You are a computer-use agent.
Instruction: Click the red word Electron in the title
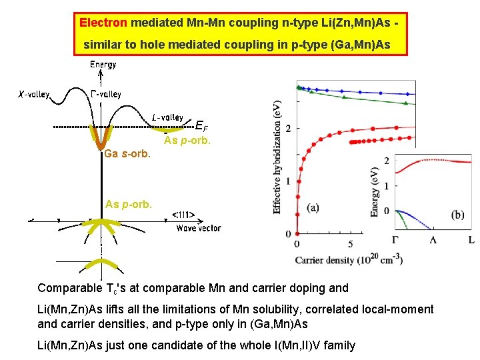[103, 23]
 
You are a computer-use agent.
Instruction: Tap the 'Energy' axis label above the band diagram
[103, 65]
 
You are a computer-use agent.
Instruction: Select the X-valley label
[33, 95]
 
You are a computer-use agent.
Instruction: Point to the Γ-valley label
[105, 94]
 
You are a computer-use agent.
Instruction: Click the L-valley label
[167, 117]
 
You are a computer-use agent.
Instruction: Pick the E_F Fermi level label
[201, 125]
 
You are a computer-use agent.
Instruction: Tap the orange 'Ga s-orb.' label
[127, 155]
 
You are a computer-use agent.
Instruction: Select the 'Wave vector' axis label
[198, 228]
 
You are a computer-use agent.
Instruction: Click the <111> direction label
[183, 215]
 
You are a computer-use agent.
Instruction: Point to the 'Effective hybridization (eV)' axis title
[277, 157]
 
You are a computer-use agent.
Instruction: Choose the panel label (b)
[457, 215]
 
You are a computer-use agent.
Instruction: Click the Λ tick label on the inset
[433, 240]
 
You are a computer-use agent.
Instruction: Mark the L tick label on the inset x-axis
[471, 240]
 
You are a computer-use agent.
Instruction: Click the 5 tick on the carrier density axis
[351, 245]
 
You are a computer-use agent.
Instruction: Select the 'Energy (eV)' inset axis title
[375, 192]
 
